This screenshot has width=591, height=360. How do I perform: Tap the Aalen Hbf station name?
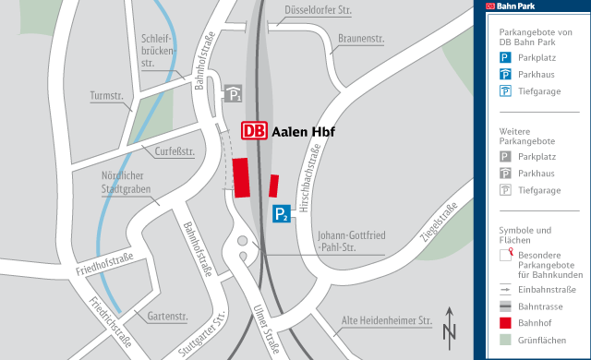pyautogui.click(x=303, y=131)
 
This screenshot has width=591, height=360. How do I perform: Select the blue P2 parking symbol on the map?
pyautogui.click(x=282, y=215)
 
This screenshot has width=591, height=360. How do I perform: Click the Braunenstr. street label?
pyautogui.click(x=361, y=39)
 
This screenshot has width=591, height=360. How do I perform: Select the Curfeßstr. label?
pyautogui.click(x=174, y=151)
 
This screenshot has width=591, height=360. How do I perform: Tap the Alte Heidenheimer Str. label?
pyautogui.click(x=387, y=320)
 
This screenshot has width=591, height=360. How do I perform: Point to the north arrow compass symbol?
pyautogui.click(x=450, y=325)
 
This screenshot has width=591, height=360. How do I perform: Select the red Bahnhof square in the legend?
pyautogui.click(x=505, y=323)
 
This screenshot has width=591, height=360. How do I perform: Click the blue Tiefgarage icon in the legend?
pyautogui.click(x=505, y=90)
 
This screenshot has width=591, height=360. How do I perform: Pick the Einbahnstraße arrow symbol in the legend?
pyautogui.click(x=505, y=288)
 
